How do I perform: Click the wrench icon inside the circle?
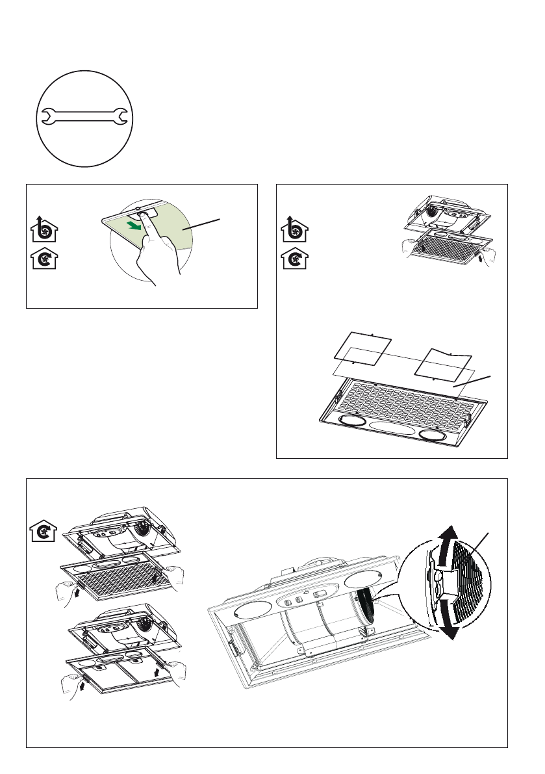pyautogui.click(x=84, y=117)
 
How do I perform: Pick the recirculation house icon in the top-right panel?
pyautogui.click(x=294, y=261)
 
